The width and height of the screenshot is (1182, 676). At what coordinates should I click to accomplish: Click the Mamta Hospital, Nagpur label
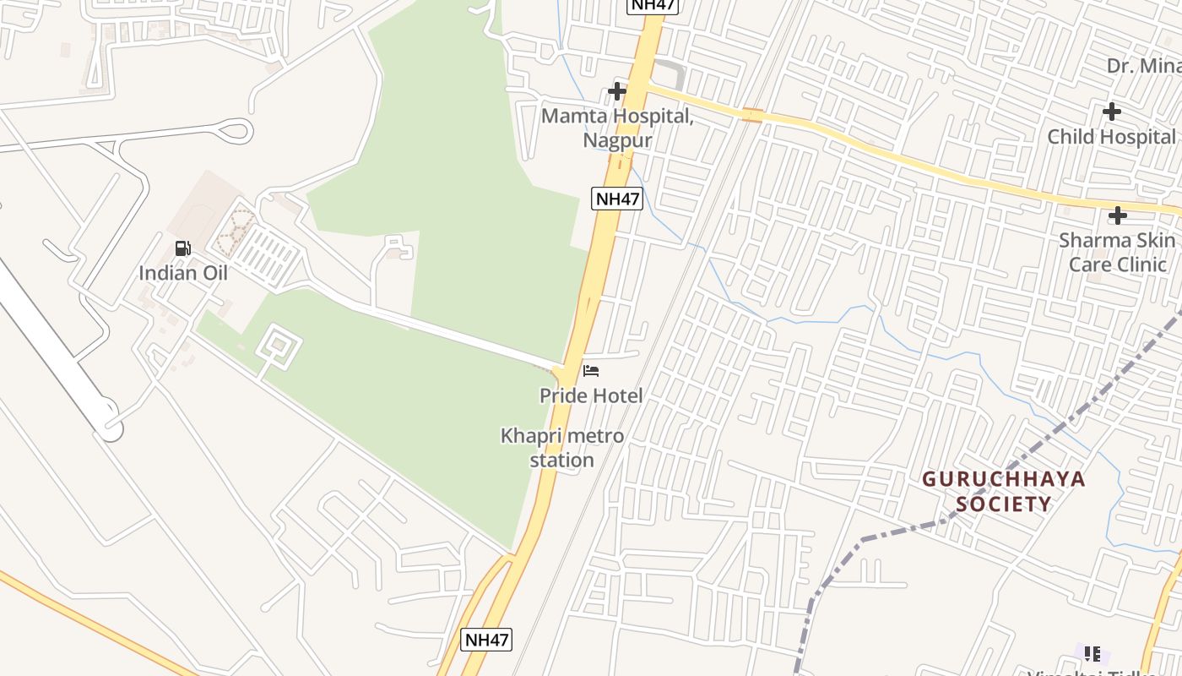pyautogui.click(x=617, y=128)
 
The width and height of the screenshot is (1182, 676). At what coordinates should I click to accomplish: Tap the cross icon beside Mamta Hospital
pyautogui.click(x=617, y=90)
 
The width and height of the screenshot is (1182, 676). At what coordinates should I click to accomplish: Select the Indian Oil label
pyautogui.click(x=183, y=273)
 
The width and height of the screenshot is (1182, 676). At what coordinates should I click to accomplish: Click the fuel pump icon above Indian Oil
pyautogui.click(x=182, y=248)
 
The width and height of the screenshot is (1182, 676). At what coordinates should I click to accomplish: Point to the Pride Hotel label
pyautogui.click(x=591, y=395)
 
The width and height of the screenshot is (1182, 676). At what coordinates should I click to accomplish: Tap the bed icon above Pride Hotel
pyautogui.click(x=591, y=371)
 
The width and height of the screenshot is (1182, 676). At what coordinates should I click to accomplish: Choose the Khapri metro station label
pyautogui.click(x=562, y=448)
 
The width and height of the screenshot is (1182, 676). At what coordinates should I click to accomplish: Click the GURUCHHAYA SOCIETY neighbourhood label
pyautogui.click(x=1003, y=492)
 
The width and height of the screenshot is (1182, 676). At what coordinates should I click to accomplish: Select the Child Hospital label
pyautogui.click(x=1111, y=137)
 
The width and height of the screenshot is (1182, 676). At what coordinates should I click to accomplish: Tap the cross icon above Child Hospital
pyautogui.click(x=1112, y=111)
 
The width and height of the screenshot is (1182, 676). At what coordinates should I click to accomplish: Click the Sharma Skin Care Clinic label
pyautogui.click(x=1117, y=252)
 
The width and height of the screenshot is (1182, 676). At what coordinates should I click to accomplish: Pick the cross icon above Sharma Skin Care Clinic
pyautogui.click(x=1117, y=215)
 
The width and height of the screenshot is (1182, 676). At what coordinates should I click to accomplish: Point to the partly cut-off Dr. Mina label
pyautogui.click(x=1144, y=66)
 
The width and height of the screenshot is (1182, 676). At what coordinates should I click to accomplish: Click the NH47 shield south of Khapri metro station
pyautogui.click(x=486, y=639)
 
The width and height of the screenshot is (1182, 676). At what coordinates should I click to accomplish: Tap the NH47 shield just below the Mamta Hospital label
pyautogui.click(x=617, y=199)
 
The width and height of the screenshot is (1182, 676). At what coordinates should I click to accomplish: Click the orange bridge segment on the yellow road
pyautogui.click(x=752, y=115)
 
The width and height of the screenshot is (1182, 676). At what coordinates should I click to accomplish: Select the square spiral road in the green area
pyautogui.click(x=277, y=346)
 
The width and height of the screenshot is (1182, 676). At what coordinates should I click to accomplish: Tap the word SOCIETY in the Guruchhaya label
pyautogui.click(x=1003, y=504)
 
